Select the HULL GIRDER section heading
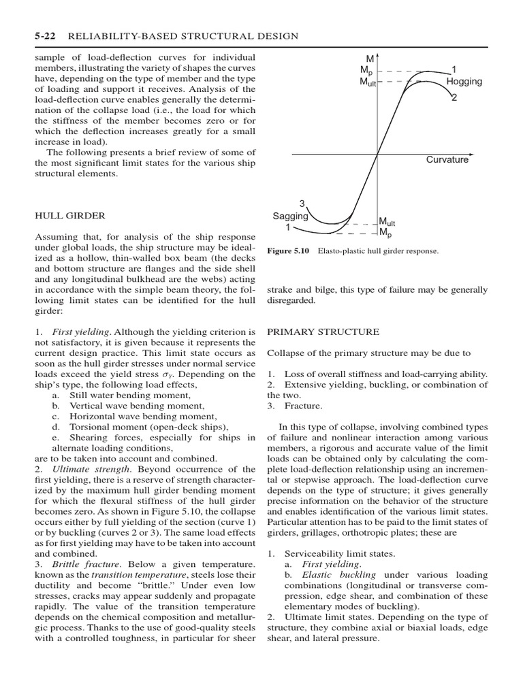69,216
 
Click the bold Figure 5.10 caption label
289,251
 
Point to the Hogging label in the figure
464,82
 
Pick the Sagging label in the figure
290,216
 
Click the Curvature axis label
447,160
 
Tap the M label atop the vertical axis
370,59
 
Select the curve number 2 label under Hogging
454,98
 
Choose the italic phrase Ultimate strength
91,469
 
